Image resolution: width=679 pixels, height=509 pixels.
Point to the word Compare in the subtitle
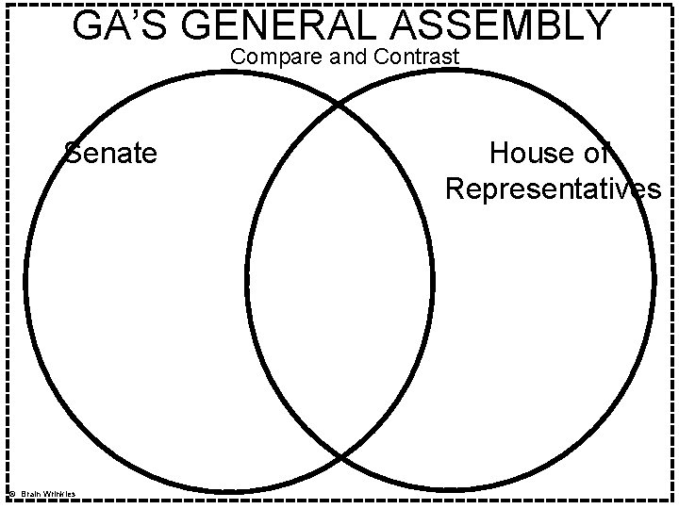(x=274, y=57)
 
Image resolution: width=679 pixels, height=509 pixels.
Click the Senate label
(x=110, y=152)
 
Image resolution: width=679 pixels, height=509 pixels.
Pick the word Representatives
(x=553, y=189)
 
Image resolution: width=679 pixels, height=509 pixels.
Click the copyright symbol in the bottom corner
(x=10, y=494)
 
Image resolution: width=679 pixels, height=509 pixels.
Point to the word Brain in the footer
(x=34, y=494)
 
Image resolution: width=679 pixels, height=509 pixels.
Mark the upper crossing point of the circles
(x=339, y=105)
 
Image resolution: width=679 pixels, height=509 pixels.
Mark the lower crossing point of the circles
(x=339, y=456)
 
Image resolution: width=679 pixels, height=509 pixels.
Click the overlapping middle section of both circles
(x=339, y=283)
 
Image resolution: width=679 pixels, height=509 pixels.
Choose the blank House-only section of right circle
(x=547, y=311)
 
